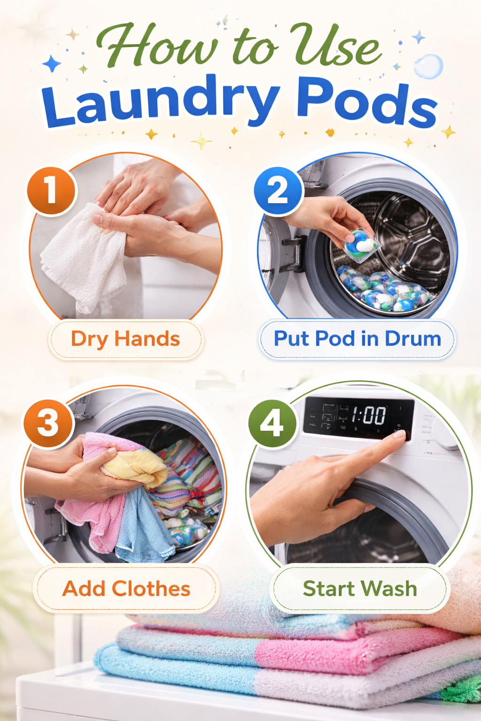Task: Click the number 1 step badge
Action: pyautogui.click(x=51, y=191)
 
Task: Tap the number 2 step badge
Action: pyautogui.click(x=278, y=191)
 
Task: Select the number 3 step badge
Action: pyautogui.click(x=49, y=423)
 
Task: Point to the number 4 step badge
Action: pyautogui.click(x=272, y=423)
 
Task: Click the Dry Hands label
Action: pyautogui.click(x=125, y=339)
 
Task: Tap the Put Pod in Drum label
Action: pyautogui.click(x=357, y=339)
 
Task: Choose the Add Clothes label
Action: pyautogui.click(x=126, y=589)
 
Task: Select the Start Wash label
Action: pyautogui.click(x=360, y=589)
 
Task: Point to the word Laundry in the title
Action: pyautogui.click(x=160, y=101)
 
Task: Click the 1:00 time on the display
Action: pyautogui.click(x=369, y=415)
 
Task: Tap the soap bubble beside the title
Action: pyautogui.click(x=428, y=66)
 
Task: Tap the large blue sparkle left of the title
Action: pyautogui.click(x=51, y=63)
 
